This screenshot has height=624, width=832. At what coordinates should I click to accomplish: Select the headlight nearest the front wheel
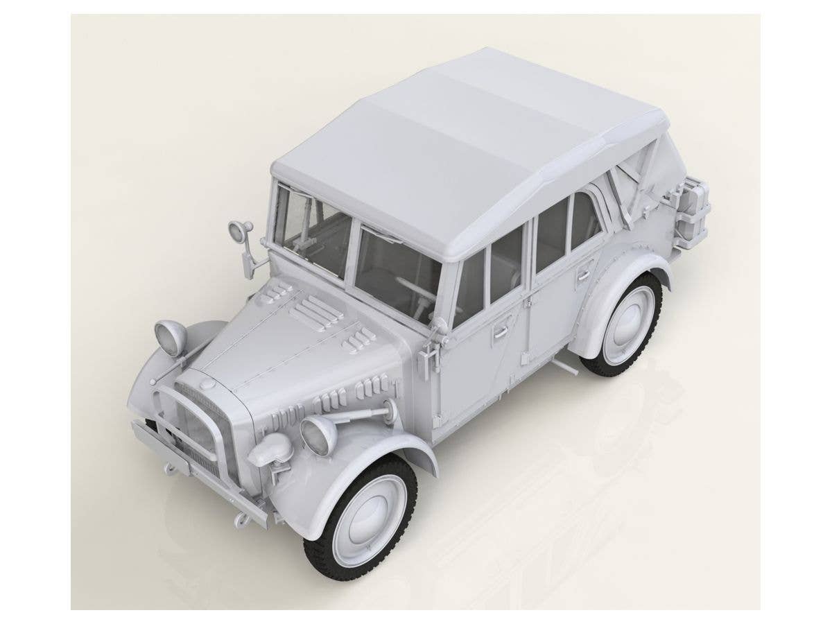point(318,435)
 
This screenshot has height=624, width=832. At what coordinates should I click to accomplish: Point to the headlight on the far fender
point(171,337)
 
